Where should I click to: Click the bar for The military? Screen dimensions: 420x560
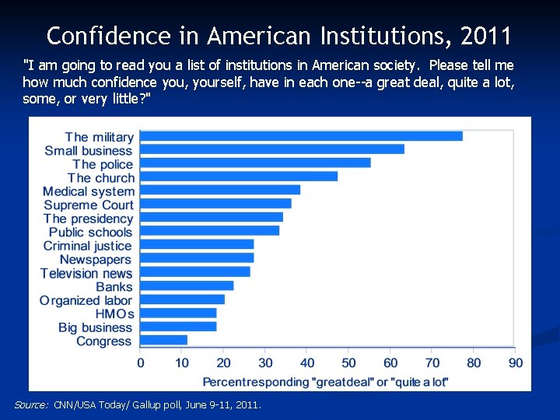301,136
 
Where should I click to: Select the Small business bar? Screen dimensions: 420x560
271,149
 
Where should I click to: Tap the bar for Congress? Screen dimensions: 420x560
163,340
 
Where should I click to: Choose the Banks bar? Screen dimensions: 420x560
187,285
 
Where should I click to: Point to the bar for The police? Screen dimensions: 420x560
255,163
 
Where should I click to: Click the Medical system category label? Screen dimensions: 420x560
88,191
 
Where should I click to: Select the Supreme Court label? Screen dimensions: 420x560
89,205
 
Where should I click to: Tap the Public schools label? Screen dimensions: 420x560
91,233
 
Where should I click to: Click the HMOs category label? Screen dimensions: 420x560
114,314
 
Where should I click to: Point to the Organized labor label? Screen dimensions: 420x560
86,300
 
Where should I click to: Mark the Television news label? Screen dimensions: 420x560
86,273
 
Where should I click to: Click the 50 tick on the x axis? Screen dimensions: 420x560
349,363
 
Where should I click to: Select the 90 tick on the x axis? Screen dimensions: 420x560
516,363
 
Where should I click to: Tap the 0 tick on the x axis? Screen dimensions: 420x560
141,363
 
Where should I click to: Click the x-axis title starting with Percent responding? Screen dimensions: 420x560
325,382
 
